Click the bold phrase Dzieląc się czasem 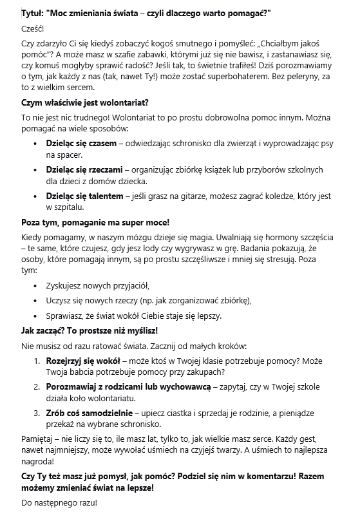[x=81, y=142]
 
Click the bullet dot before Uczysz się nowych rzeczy [x=35, y=301]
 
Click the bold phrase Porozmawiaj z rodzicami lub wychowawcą [x=128, y=387]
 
